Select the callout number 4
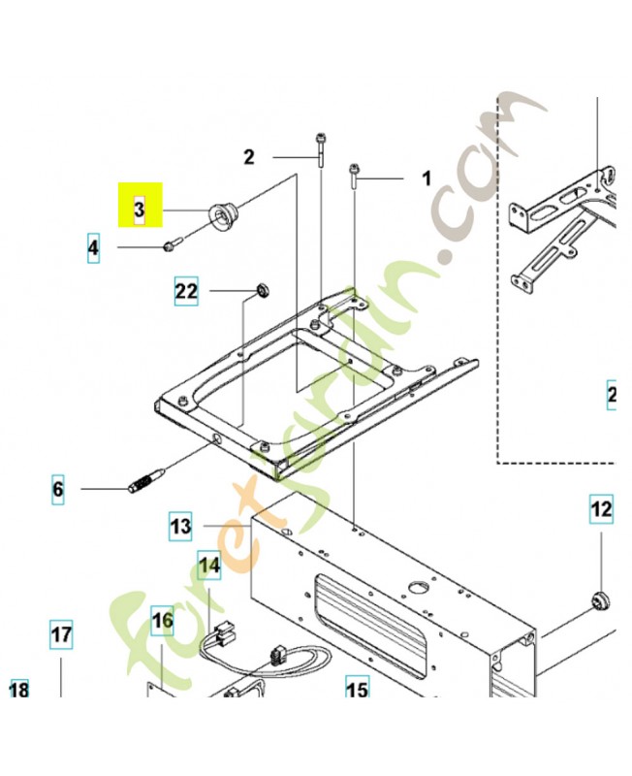93,248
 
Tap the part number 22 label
186,289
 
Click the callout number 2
249,156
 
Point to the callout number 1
424,178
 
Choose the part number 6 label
57,490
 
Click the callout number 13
180,527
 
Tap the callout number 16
162,619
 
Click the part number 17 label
60,636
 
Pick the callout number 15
357,690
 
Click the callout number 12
602,508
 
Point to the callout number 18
18,690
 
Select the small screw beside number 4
172,246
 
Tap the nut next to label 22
261,289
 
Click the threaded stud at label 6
147,480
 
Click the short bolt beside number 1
355,178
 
